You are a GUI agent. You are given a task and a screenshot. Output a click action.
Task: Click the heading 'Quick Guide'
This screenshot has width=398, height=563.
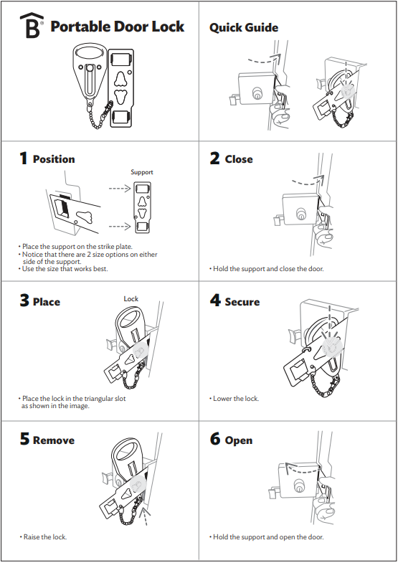pos(244,27)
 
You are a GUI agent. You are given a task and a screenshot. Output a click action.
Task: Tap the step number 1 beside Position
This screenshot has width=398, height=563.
pos(24,159)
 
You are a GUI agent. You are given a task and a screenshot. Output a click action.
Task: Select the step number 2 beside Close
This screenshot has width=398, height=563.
pos(215,159)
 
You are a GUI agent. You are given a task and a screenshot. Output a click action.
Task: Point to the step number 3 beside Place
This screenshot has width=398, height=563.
pos(24,301)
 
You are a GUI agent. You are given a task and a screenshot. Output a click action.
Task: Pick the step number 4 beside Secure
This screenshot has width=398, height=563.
pos(215,301)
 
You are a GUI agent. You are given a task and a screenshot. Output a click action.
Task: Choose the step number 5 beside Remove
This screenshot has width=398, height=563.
pos(24,439)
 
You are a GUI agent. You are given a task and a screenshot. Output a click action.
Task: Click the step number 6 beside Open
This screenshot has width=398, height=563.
pos(215,439)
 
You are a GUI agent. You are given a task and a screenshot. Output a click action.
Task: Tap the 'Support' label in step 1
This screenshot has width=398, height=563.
pos(141,172)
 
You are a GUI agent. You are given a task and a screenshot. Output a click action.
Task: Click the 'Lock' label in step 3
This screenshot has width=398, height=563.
pos(131,298)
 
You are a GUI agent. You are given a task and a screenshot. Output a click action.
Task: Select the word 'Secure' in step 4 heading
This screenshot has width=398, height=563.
pos(242,302)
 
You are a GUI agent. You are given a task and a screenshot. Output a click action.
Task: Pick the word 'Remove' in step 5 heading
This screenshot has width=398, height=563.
pos(54,440)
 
